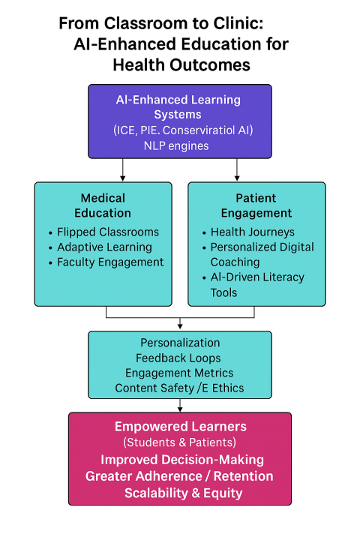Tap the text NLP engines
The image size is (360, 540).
[176, 146]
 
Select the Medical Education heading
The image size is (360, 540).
[103, 205]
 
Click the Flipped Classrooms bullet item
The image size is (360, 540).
[108, 232]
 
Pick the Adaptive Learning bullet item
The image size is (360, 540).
[104, 247]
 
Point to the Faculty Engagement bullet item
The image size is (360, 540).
[110, 262]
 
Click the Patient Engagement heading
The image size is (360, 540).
[256, 205]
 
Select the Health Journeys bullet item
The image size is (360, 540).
[253, 232]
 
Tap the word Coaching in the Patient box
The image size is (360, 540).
[235, 262]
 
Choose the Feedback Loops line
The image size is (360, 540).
[178, 358]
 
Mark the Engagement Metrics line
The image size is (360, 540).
[179, 373]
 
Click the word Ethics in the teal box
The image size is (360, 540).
[228, 388]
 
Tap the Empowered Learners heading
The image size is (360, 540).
[181, 426]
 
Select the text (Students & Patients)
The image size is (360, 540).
[179, 442]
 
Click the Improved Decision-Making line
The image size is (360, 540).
[182, 460]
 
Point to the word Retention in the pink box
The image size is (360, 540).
[243, 476]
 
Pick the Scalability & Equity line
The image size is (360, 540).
[183, 493]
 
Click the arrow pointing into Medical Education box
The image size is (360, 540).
[123, 169]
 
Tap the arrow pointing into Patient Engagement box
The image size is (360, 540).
[237, 169]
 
